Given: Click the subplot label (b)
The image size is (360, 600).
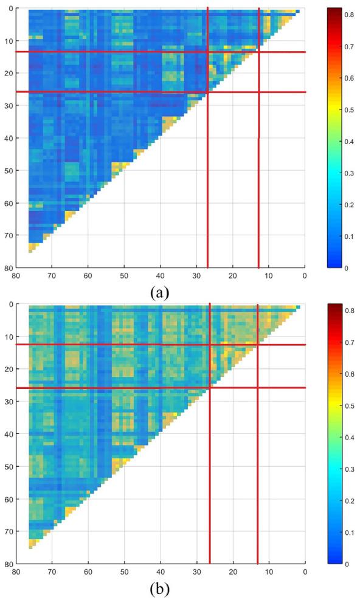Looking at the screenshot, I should pos(159,588).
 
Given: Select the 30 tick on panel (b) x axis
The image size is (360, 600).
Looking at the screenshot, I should pos(196,572).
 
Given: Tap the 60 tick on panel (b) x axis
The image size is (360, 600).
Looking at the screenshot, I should pos(88,572).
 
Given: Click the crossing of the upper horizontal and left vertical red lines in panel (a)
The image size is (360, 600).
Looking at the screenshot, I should pos(207,52).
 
